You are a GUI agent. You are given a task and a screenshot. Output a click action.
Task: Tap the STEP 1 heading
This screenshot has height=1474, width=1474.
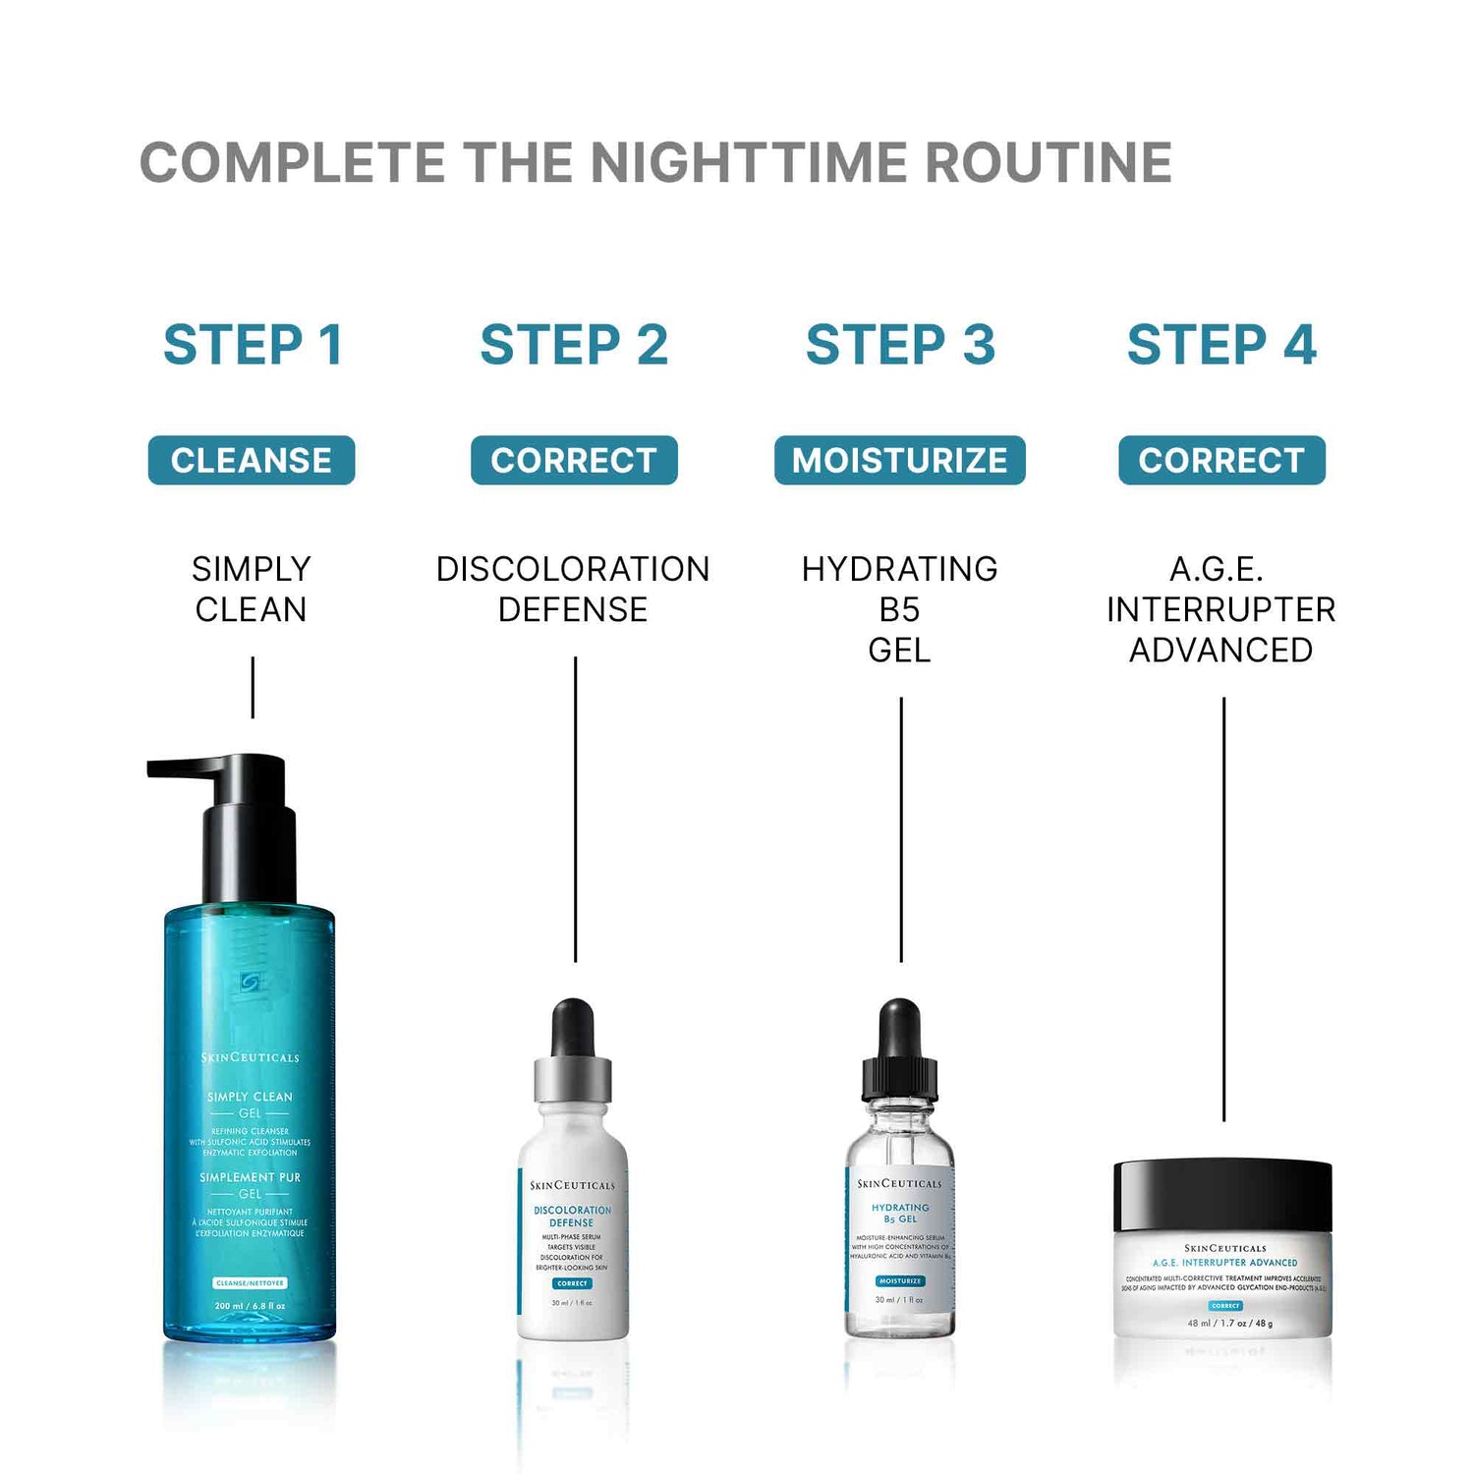(253, 345)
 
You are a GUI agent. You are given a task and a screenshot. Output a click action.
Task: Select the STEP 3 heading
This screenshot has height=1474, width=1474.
(900, 345)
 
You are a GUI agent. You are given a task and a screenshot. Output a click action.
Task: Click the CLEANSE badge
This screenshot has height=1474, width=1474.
(252, 460)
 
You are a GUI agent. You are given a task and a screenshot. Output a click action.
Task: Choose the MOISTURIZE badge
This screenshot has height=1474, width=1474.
(899, 460)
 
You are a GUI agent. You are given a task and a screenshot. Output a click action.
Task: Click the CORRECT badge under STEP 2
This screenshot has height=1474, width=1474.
(574, 460)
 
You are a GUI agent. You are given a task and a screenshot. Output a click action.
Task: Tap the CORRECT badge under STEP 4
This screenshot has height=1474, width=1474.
(1221, 460)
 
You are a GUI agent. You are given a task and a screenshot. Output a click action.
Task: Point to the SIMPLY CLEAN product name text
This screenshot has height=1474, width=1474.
(252, 589)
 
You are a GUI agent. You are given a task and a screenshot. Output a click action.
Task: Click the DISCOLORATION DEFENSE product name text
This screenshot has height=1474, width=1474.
(573, 589)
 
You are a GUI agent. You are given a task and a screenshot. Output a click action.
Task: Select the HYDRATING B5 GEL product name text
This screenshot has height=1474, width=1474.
(899, 609)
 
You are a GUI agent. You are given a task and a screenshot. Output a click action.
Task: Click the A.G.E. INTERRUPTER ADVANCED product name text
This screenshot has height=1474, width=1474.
(1220, 609)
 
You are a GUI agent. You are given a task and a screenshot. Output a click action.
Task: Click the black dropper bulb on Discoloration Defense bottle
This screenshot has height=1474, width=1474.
(573, 1027)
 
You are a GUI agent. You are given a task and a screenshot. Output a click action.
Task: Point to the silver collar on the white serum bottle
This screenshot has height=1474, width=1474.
(573, 1079)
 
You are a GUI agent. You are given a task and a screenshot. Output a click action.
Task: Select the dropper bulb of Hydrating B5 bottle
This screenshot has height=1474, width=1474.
(899, 1027)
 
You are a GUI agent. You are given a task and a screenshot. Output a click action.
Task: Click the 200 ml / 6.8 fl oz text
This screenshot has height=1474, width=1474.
(250, 1306)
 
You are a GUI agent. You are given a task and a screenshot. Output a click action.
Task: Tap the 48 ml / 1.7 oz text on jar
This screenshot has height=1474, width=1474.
(1229, 1323)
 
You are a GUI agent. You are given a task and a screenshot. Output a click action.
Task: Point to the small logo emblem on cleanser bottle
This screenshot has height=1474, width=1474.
(250, 982)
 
